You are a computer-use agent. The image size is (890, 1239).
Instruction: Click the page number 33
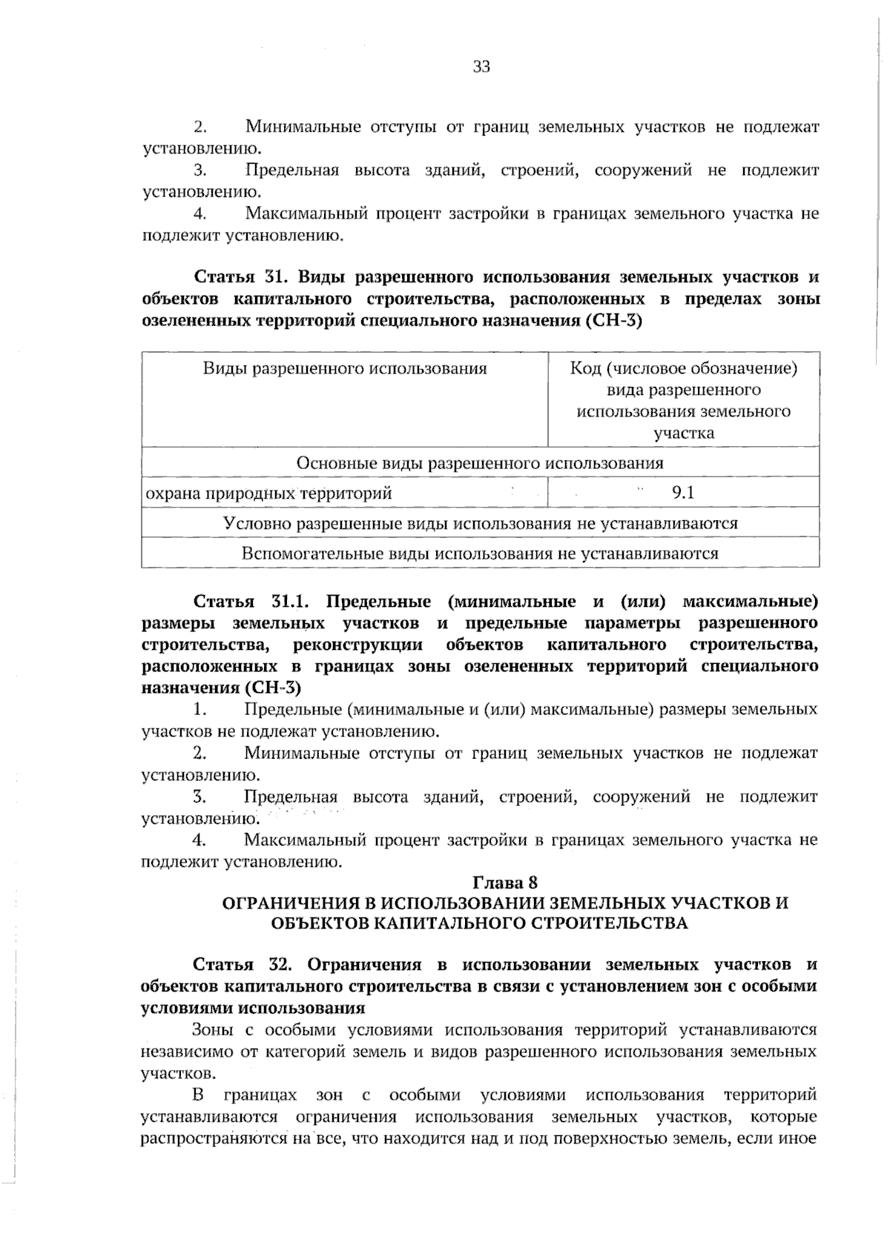(x=481, y=67)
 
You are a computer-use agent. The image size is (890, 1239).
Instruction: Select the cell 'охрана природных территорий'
(x=268, y=493)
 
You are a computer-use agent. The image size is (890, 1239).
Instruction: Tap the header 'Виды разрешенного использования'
(x=345, y=368)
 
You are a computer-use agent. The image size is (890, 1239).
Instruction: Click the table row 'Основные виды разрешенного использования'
(x=480, y=463)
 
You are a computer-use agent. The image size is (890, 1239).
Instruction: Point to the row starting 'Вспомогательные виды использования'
(x=480, y=553)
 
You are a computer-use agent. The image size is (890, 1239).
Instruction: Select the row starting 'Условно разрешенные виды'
(x=480, y=523)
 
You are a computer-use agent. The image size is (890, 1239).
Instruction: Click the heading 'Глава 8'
(x=504, y=883)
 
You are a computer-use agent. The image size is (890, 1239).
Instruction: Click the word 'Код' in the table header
(x=584, y=368)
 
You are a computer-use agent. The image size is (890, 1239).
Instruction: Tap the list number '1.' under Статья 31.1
(x=199, y=710)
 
